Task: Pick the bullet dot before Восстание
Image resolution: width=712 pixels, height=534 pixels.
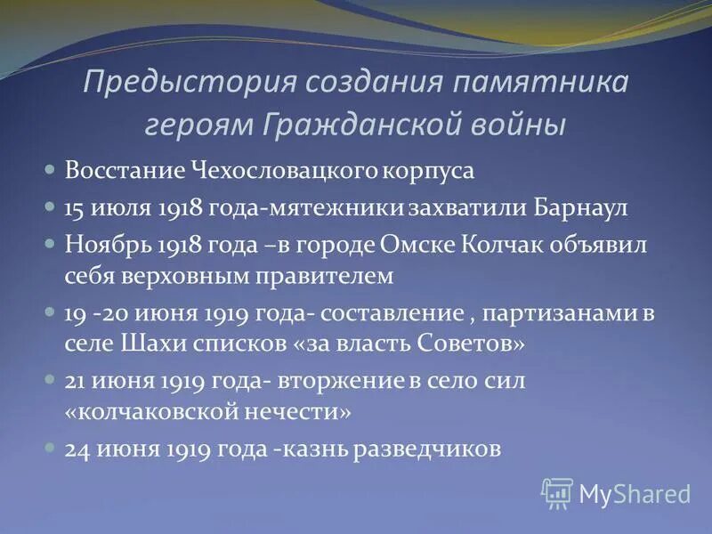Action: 51,167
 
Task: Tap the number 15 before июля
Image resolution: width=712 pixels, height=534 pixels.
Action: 75,207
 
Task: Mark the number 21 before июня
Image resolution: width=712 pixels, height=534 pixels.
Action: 74,381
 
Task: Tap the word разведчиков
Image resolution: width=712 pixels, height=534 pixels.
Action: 427,449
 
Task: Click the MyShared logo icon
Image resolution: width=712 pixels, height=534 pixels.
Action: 557,492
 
